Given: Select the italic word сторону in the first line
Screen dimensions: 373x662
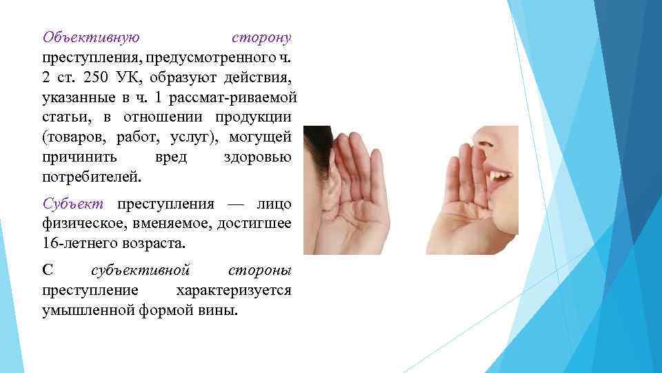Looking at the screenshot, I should pos(261,37).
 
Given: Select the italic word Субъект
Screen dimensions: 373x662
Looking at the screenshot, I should pos(72,204).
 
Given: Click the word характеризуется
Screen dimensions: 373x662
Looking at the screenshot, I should pos(233,289).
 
